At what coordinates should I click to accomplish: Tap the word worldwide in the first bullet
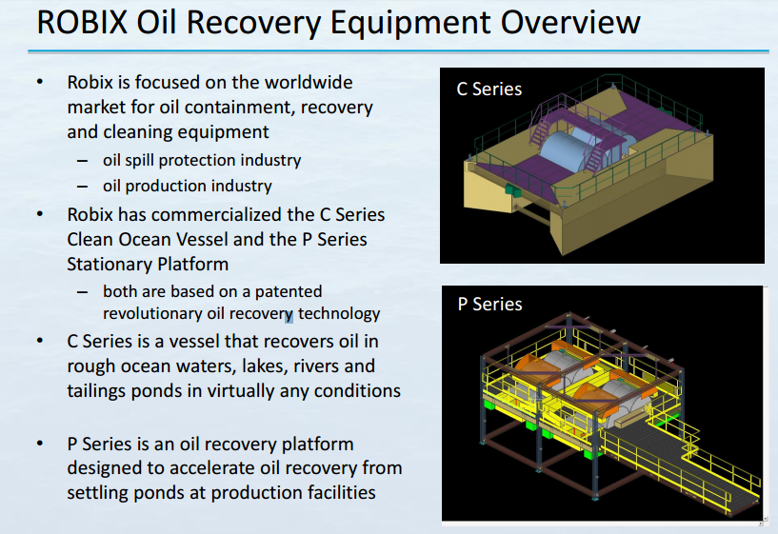pyautogui.click(x=305, y=83)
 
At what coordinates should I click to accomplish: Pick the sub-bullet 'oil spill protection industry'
pyautogui.click(x=202, y=160)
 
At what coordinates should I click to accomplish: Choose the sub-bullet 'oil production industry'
pyautogui.click(x=188, y=186)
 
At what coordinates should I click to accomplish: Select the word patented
pyautogui.click(x=284, y=291)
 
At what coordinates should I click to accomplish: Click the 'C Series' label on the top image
pyautogui.click(x=489, y=89)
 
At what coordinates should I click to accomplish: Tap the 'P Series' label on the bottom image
pyautogui.click(x=489, y=305)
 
